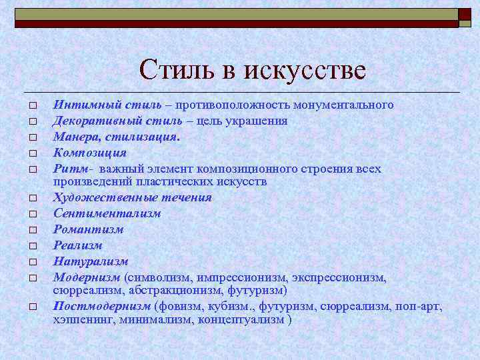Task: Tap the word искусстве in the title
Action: click(305, 70)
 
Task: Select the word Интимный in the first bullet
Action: click(79, 105)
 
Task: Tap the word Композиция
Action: click(85, 151)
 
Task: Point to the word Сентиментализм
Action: click(107, 213)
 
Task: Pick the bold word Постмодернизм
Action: click(102, 306)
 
